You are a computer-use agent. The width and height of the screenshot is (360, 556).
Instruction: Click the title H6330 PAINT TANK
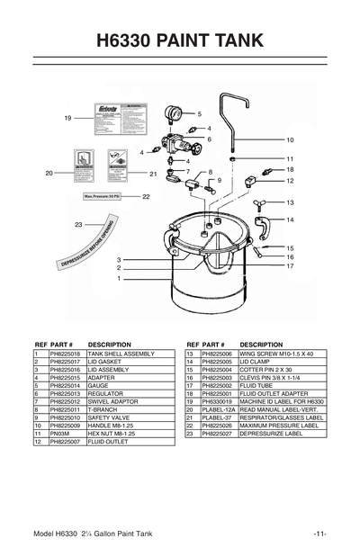tap(180, 40)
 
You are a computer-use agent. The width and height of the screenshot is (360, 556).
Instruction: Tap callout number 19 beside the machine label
tap(67, 119)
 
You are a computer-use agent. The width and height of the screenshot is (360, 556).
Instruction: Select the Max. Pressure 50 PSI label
tap(103, 195)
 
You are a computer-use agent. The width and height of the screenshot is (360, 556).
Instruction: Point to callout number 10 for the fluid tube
tap(291, 140)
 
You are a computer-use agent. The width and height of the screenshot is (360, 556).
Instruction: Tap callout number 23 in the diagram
tap(78, 224)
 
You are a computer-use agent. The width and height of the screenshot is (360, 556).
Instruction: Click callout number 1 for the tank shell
tap(118, 279)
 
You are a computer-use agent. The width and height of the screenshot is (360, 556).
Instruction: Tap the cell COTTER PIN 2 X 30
tap(270, 370)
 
